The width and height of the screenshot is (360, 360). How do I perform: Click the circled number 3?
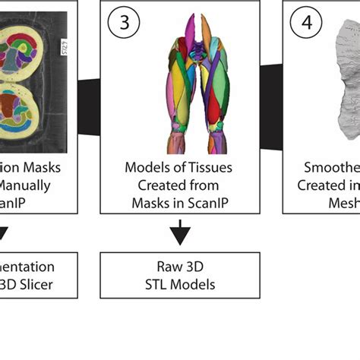tap(123, 23)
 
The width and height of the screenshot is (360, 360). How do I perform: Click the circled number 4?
tap(305, 23)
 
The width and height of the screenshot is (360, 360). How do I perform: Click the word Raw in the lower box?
tap(165, 267)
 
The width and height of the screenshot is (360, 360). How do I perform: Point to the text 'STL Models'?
tap(180, 284)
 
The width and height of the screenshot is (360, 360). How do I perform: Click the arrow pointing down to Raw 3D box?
tap(180, 232)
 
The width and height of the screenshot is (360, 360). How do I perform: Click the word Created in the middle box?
tap(157, 185)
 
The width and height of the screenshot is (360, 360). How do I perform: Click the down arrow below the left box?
tap(3, 232)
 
